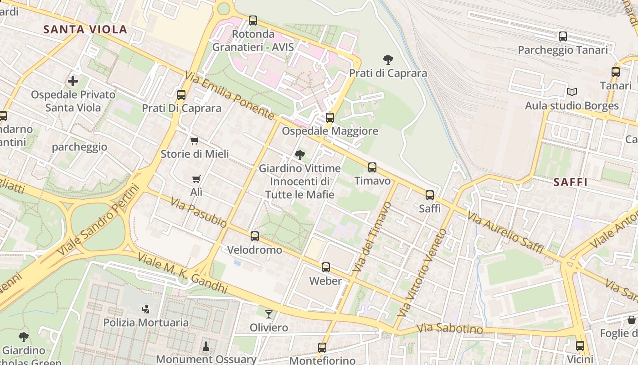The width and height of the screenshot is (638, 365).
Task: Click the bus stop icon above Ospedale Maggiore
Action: click(330, 117)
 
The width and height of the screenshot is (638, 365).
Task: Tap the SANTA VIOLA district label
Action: click(85, 30)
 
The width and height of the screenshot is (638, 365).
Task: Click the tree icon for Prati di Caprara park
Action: click(388, 59)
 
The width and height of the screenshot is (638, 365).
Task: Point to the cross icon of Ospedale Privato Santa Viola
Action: click(73, 81)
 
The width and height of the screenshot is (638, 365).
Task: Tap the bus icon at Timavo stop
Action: click(372, 167)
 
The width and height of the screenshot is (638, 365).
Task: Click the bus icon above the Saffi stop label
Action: click(429, 195)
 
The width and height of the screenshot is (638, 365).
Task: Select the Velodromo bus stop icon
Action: click(254, 236)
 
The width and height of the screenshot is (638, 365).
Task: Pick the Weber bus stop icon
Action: click(325, 267)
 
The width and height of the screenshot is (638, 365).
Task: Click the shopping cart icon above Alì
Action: click(196, 179)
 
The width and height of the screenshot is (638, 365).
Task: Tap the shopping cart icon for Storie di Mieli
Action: click(195, 141)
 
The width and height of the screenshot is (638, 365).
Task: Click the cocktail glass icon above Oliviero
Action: click(269, 314)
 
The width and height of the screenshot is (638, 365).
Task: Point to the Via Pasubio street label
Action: click(199, 212)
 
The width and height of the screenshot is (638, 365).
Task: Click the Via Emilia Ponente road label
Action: click(230, 96)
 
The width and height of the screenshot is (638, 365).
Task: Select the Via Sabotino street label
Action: click(449, 328)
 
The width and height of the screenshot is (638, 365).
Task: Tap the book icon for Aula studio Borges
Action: click(572, 92)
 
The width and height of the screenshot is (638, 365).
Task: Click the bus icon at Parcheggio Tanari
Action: click(563, 36)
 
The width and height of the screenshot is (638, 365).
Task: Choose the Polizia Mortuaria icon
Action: click(145, 309)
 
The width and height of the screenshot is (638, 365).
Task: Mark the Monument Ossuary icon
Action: click(206, 345)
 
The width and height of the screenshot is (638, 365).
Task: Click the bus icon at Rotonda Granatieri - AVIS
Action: click(253, 21)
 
